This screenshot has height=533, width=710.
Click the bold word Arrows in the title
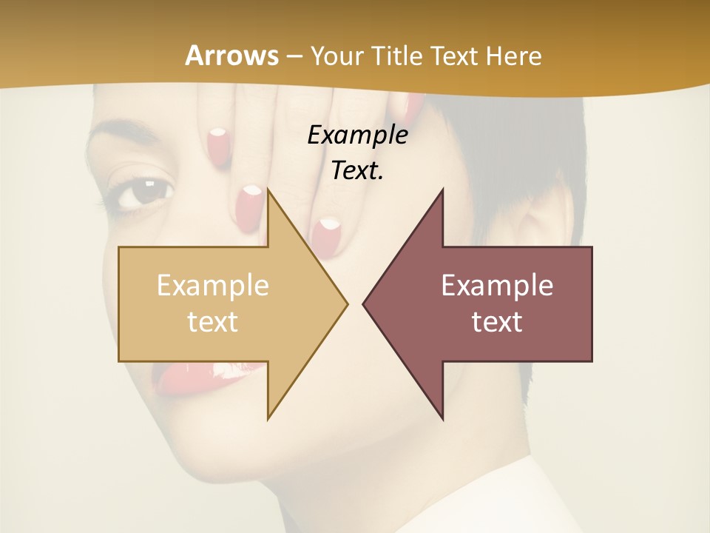(231, 56)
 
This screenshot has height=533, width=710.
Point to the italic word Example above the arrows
(357, 135)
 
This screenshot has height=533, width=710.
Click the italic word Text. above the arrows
(357, 171)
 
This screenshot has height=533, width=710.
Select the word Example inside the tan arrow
(213, 285)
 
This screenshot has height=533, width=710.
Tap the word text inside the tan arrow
(213, 321)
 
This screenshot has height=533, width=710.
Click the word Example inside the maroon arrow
(497, 285)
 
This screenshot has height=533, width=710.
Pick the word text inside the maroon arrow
(497, 321)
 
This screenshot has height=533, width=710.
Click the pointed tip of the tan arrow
(345, 304)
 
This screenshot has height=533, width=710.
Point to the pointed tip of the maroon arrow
(365, 304)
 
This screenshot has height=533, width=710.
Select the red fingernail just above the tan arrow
(248, 206)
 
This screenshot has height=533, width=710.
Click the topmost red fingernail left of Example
(217, 141)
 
